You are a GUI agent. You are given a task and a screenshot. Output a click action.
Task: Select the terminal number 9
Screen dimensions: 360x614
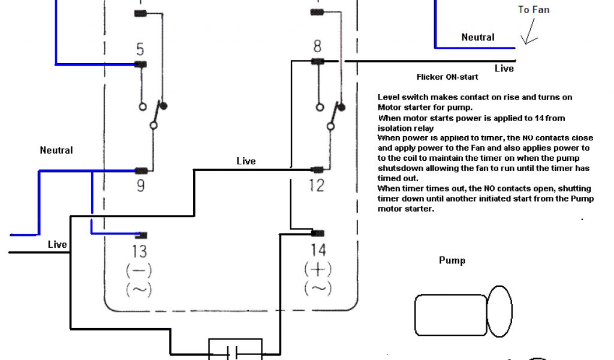pos(140,186)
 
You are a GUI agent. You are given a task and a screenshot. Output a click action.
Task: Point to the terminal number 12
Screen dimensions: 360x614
pos(317,186)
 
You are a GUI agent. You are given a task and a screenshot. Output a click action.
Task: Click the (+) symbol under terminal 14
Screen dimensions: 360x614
pos(318,269)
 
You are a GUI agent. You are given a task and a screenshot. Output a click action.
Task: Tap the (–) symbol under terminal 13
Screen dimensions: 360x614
pos(138,271)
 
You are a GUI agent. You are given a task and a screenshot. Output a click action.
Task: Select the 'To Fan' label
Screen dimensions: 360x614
pos(534,10)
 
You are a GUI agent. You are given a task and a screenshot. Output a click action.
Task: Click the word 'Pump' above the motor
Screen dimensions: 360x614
pos(452,260)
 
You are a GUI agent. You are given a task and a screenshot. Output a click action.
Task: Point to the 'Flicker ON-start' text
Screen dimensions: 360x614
pos(447,77)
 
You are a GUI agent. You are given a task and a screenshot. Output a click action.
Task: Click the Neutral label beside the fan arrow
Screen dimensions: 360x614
pos(478,37)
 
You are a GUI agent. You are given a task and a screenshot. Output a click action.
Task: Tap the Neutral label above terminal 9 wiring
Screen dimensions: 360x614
pos(56,150)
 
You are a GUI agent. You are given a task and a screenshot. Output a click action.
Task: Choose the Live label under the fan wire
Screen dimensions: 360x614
pos(504,68)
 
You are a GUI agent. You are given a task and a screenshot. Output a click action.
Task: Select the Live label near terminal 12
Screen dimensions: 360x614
pos(246,161)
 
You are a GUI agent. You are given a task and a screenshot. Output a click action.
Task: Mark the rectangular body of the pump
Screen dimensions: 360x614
pos(450,315)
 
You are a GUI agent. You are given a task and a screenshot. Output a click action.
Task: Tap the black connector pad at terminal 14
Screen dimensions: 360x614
pos(318,233)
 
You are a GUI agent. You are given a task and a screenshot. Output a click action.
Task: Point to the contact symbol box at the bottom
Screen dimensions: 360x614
pos(234,349)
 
